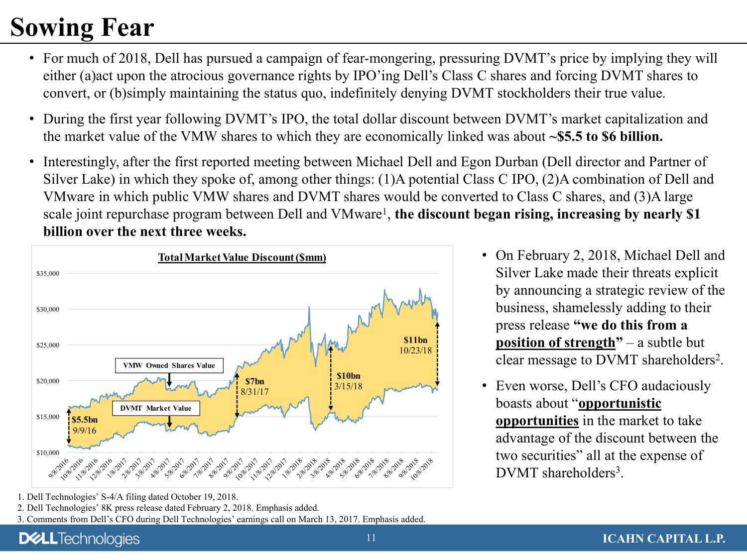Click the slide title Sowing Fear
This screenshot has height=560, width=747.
pyautogui.click(x=82, y=27)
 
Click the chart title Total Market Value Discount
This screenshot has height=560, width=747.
pyautogui.click(x=242, y=257)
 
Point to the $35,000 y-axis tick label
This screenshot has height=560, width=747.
pyautogui.click(x=48, y=273)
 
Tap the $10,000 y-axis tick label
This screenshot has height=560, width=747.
pyautogui.click(x=48, y=452)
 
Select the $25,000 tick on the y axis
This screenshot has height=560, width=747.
pyautogui.click(x=48, y=345)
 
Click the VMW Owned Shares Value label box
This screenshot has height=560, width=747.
pyautogui.click(x=169, y=365)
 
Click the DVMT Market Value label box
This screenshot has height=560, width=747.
pyautogui.click(x=156, y=408)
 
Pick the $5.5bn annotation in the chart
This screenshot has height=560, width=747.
pyautogui.click(x=85, y=420)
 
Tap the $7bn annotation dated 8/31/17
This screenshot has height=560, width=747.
pyautogui.click(x=254, y=381)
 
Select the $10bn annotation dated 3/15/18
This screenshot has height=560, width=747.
pyautogui.click(x=348, y=376)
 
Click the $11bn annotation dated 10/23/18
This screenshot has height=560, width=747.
pyautogui.click(x=415, y=340)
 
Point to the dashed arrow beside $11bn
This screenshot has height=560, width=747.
pyautogui.click(x=437, y=354)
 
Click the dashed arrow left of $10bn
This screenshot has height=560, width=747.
pyautogui.click(x=331, y=378)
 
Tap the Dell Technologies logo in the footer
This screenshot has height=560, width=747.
pyautogui.click(x=80, y=539)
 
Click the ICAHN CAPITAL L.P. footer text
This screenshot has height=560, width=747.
pyautogui.click(x=664, y=539)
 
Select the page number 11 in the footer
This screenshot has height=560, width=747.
pyautogui.click(x=371, y=538)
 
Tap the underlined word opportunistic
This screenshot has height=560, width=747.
pyautogui.click(x=620, y=403)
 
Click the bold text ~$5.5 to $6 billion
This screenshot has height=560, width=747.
pyautogui.click(x=606, y=136)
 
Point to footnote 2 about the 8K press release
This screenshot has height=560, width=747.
pyautogui.click(x=168, y=508)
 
